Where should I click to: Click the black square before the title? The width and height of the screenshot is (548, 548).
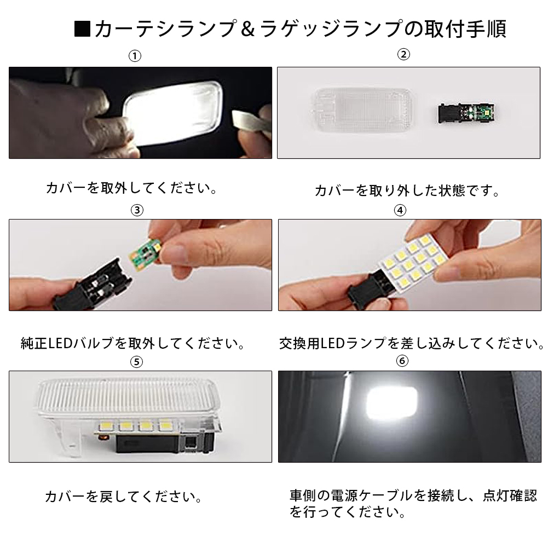pos(82,29)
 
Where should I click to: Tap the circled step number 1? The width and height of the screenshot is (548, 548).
pos(135,56)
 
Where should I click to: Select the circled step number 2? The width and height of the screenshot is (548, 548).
pos(403,55)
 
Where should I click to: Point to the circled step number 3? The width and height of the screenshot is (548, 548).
pos(137,210)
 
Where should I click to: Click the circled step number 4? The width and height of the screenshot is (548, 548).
pos(400,210)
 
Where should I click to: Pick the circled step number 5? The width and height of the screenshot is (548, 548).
pos(136,362)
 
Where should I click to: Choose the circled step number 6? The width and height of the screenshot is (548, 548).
pos(402,361)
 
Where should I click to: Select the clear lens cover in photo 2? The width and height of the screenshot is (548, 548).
pos(364,109)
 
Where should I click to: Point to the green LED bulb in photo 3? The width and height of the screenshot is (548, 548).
pos(145,253)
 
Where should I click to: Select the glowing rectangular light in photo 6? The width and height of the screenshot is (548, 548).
pos(391,402)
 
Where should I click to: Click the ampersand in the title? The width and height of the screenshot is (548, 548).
pos(247,29)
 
